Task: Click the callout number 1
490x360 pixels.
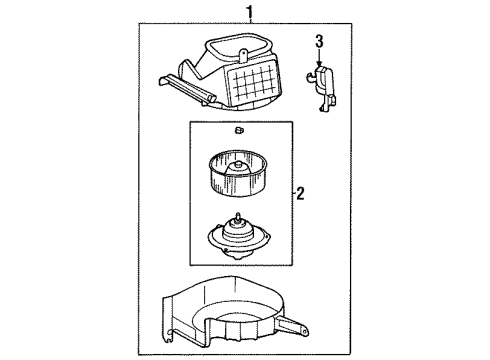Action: pyautogui.click(x=236, y=12)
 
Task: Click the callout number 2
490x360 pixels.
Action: pyautogui.click(x=299, y=193)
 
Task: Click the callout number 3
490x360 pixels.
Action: pyautogui.click(x=319, y=41)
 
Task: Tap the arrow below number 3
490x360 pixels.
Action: pyautogui.click(x=319, y=58)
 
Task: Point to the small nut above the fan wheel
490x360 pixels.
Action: pyautogui.click(x=239, y=132)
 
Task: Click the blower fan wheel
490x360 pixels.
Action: pyautogui.click(x=239, y=171)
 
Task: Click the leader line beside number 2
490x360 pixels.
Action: pyautogui.click(x=287, y=193)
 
